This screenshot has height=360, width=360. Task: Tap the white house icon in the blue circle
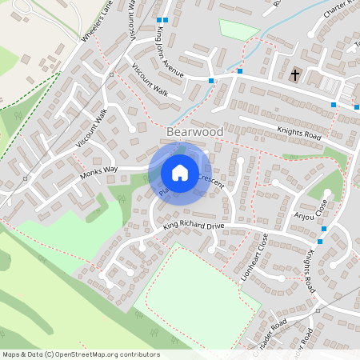[x=180, y=173]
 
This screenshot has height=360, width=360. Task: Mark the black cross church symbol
[x=295, y=75]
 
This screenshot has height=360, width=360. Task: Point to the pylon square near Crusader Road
[x=318, y=310]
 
